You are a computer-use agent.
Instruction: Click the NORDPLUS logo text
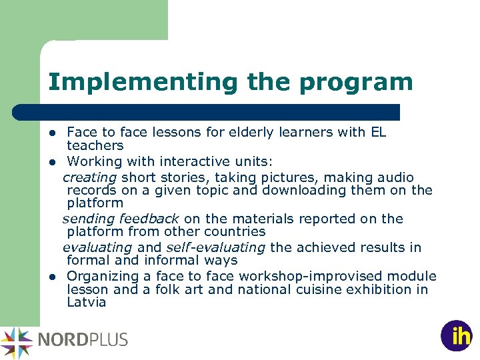tap(83, 339)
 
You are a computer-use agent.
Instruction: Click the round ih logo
tap(457, 335)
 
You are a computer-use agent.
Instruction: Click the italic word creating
tap(90, 177)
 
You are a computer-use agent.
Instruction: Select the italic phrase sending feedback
tap(121, 219)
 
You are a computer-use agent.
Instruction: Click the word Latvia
tap(87, 302)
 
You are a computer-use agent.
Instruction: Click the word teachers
tap(95, 145)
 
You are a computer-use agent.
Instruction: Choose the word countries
tap(237, 231)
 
